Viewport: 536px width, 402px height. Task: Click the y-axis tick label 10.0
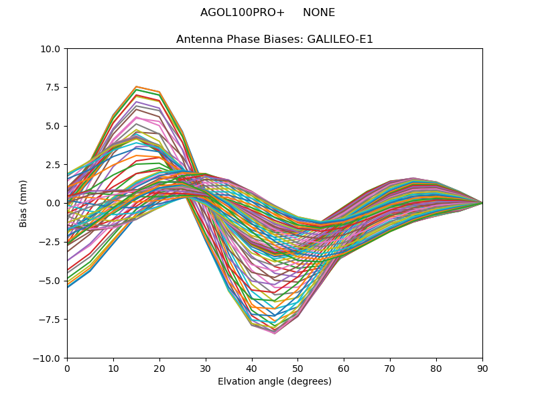52,49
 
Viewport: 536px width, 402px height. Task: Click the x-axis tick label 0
67,368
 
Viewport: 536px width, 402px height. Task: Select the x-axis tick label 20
159,368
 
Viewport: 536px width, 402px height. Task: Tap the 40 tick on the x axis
252,368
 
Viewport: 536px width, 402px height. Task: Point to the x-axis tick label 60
344,368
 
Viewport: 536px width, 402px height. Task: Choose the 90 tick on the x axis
482,368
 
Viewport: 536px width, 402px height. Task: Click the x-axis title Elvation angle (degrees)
275,382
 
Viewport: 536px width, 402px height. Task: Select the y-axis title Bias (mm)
23,203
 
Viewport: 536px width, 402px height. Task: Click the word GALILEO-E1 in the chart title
340,40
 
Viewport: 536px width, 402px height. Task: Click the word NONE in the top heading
319,13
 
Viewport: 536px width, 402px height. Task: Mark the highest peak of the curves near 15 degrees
136,86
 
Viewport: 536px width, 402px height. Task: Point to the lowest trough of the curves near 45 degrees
275,333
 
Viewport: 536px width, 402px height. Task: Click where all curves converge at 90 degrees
482,203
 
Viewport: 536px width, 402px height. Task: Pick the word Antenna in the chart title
198,40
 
